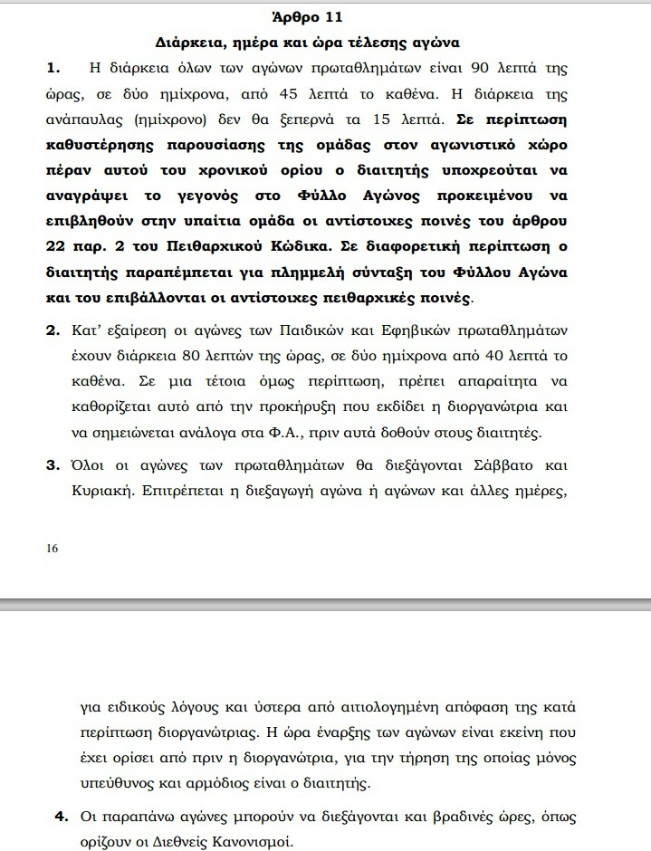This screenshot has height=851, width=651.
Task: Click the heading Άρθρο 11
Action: coord(307,16)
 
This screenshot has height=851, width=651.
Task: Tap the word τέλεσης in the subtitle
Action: coord(387,42)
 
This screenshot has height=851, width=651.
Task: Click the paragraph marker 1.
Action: coord(53,68)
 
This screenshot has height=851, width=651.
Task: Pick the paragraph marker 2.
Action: coord(53,330)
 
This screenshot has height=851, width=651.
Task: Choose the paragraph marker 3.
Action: coord(53,466)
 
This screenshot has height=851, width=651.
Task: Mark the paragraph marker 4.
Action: coord(62,818)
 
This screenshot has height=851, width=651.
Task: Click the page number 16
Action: coord(53,550)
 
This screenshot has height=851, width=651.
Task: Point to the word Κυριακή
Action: coord(102,492)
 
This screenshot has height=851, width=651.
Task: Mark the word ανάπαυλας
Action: coord(93,120)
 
